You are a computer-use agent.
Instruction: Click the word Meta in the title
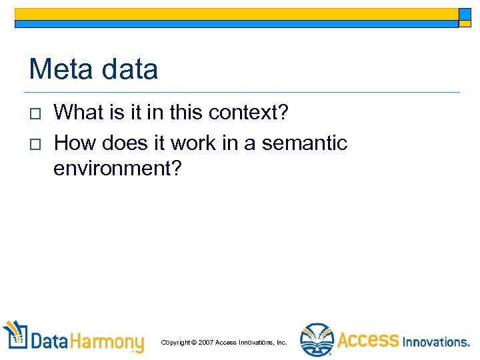61,69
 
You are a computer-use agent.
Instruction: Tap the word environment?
117,168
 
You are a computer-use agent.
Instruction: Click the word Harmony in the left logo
107,342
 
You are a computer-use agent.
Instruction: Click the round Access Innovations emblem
317,339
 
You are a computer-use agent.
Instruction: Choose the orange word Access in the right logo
367,340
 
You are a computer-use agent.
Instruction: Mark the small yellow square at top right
465,14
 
